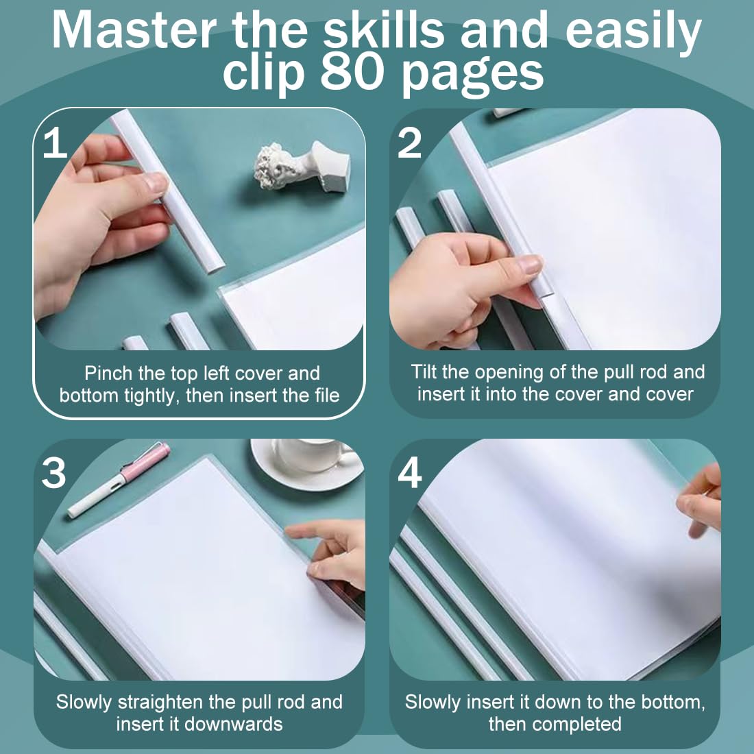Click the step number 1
(55, 143)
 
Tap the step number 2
(409, 143)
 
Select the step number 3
(53, 472)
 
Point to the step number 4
(410, 472)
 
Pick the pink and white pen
(119, 480)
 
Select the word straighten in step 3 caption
(160, 703)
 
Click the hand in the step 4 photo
(700, 500)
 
